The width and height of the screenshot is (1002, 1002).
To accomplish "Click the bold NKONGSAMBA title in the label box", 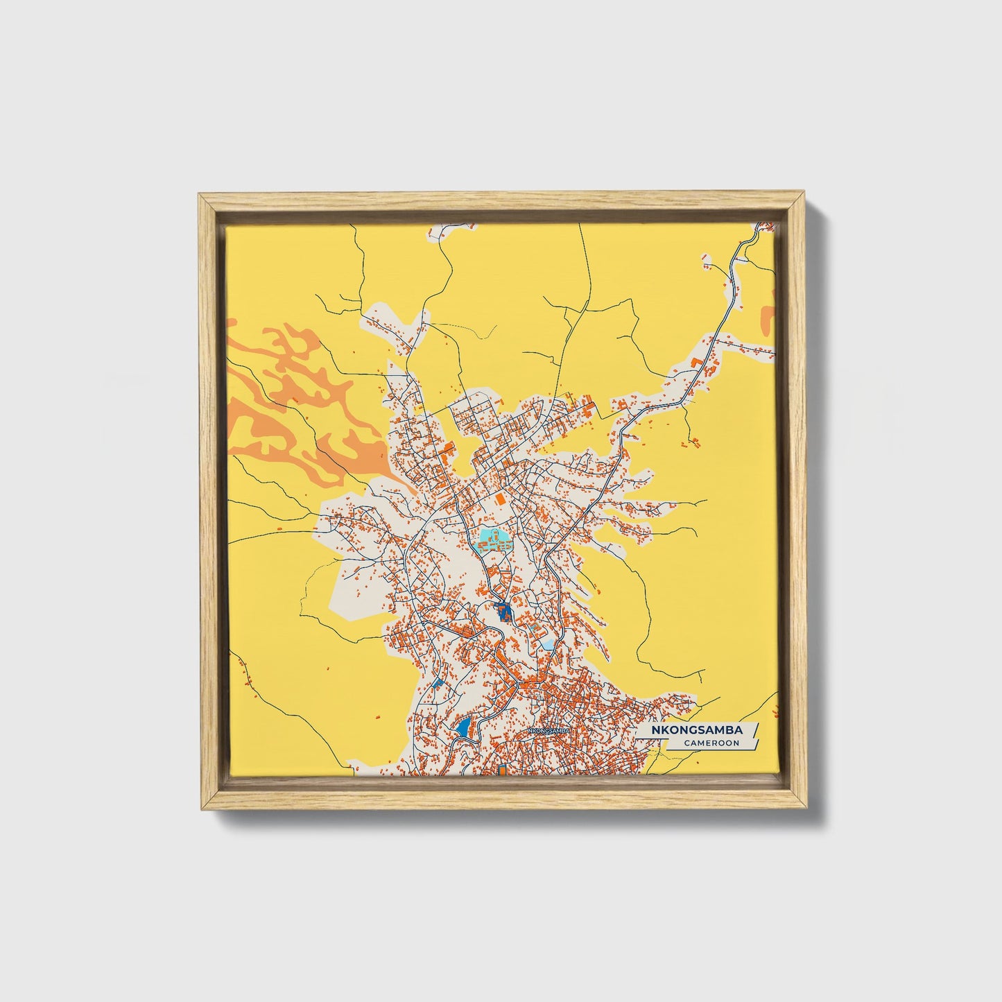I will point(696,730).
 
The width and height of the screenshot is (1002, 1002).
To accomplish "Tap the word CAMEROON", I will point(711,743).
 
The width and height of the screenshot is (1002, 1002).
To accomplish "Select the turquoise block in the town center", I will point(492,538).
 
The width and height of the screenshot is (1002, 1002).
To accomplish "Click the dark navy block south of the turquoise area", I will point(503,612).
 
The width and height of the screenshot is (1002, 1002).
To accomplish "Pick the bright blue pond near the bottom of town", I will point(463,727).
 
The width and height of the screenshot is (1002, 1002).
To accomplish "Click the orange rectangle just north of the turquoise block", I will point(499,498).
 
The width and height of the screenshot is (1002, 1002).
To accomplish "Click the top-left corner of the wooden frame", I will point(200,195).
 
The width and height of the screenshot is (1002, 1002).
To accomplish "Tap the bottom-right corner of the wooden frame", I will point(806,809).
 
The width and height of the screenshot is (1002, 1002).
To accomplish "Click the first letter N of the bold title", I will point(655,730).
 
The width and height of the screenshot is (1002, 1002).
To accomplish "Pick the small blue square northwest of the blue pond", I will point(436,682).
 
